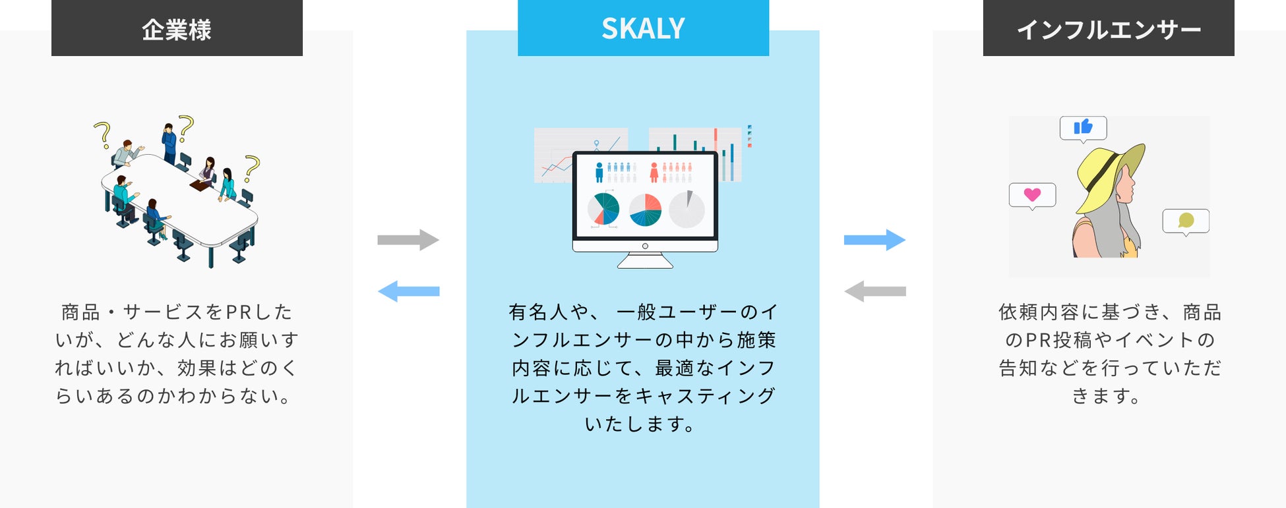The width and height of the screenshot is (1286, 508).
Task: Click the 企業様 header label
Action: click(x=177, y=30)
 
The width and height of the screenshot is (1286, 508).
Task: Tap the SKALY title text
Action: click(x=643, y=28)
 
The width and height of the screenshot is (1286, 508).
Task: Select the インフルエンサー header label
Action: click(x=1108, y=30)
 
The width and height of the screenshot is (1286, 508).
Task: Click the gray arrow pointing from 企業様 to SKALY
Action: click(x=408, y=240)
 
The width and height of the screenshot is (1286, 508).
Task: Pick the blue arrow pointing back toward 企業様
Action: click(x=408, y=291)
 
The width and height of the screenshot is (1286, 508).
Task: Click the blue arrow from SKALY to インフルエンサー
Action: click(x=874, y=240)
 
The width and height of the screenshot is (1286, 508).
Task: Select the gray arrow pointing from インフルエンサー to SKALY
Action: click(x=874, y=291)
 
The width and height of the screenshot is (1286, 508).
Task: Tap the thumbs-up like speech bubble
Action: click(x=1083, y=128)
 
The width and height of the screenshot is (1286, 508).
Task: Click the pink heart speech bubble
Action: click(x=1032, y=195)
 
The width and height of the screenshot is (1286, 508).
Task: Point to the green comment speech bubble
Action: click(x=1186, y=221)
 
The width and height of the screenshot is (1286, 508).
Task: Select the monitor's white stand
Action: click(x=645, y=261)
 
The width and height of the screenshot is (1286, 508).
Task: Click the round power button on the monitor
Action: click(x=645, y=246)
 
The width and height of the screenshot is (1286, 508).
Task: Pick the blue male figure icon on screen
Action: click(x=599, y=172)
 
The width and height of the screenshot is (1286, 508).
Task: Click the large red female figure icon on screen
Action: click(x=654, y=172)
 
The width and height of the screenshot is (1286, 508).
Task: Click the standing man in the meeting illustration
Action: click(x=169, y=143)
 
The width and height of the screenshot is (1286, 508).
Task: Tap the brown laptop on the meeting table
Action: click(x=200, y=185)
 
